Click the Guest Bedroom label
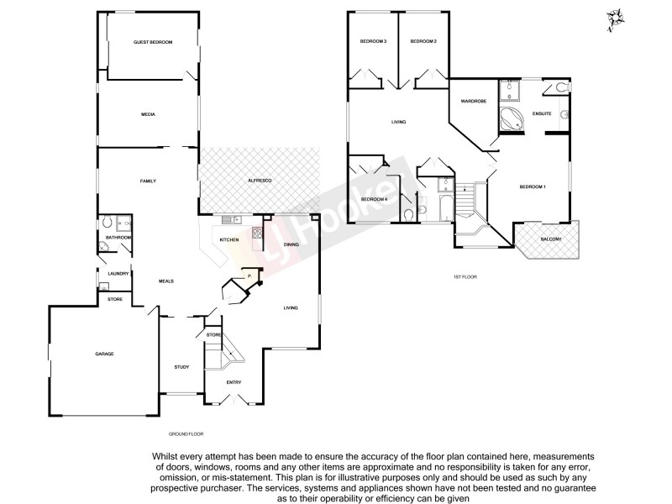coord(153,42)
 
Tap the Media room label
coord(149,114)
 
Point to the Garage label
coord(104,354)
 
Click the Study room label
coord(181,367)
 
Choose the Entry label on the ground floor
coord(234,383)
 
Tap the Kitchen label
coord(229,240)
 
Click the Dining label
coord(291,244)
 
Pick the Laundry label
coord(118,273)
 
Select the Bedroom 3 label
coord(373,41)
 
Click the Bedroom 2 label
coord(423,41)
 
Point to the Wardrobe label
coord(474,101)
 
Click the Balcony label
coord(551,239)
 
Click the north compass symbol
coord(616,17)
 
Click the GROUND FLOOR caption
coord(186,433)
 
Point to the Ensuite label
coord(541,114)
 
